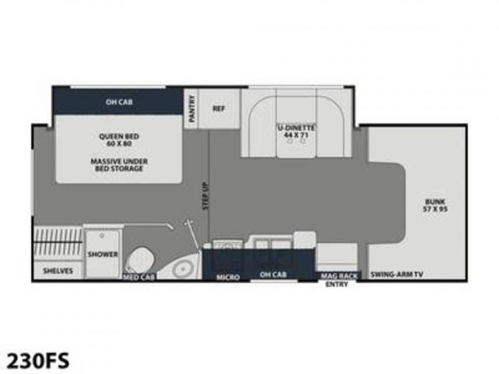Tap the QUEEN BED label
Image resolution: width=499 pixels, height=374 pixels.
point(119,137)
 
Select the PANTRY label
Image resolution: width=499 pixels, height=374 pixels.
point(191,109)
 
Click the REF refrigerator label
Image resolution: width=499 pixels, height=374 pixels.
point(219,108)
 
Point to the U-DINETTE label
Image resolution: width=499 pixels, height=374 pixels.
point(296,128)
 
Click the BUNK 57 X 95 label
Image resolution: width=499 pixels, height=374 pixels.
point(435,206)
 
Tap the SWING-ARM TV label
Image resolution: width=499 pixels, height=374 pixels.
point(397,274)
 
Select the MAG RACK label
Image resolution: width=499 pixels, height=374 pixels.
point(339,276)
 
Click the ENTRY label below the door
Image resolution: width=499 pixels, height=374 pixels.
point(337,284)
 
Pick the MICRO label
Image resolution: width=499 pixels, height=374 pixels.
point(228,277)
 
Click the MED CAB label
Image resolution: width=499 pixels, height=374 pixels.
point(139,277)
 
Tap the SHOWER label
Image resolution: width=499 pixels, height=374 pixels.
point(103,254)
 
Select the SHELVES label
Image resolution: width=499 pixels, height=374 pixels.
point(58,271)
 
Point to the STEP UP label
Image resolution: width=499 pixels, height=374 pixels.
point(206,196)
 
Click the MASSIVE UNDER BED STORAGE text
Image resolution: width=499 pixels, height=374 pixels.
point(119,165)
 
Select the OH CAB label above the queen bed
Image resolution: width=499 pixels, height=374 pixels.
point(119,102)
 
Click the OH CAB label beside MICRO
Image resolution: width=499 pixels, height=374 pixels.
point(273,274)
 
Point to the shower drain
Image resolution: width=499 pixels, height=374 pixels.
point(102,236)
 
